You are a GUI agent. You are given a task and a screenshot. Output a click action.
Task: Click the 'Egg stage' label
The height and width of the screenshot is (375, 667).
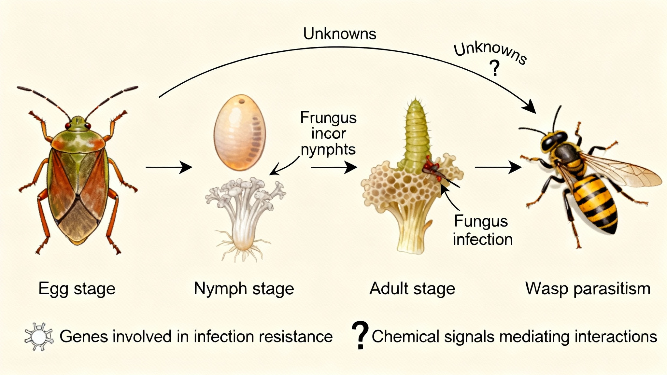(77, 289)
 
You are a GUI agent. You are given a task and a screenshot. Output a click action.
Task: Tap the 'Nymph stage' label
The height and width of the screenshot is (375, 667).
(244, 289)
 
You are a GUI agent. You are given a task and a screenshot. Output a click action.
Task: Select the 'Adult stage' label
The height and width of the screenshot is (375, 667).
(412, 289)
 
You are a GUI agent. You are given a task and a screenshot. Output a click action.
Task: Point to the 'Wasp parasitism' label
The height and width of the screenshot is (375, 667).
(588, 289)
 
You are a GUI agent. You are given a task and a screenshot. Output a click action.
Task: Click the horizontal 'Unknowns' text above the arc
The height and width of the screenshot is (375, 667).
(340, 34)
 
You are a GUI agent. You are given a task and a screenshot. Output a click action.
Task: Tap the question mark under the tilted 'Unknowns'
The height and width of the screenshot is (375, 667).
(494, 68)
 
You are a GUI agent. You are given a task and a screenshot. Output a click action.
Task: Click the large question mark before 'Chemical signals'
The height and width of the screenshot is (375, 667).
(360, 336)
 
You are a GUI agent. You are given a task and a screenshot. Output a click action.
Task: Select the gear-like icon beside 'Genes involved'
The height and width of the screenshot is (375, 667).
(39, 337)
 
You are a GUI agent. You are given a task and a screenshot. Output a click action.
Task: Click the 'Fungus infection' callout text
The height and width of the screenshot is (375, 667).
(482, 230)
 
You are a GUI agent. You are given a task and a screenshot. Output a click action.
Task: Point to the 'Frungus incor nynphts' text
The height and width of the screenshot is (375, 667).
(328, 133)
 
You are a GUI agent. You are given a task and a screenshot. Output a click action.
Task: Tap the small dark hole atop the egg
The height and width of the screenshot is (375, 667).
(241, 101)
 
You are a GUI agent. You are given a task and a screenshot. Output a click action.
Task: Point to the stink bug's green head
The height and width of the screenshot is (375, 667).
(78, 123)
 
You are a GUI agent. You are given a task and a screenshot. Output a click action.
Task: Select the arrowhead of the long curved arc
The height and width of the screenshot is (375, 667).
(530, 107)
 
